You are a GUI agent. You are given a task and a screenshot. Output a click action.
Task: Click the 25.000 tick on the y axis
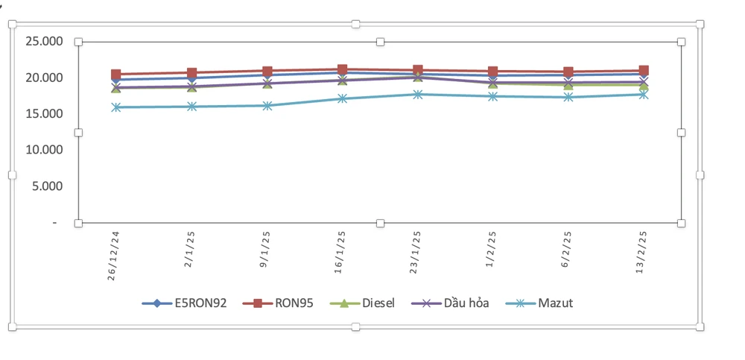coord(44,42)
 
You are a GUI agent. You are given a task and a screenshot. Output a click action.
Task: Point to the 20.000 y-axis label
coord(44,78)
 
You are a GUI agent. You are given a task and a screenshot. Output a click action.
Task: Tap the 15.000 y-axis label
coord(44,114)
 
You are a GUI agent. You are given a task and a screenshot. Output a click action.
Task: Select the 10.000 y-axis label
coord(44,150)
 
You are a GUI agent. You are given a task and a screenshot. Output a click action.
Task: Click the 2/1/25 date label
coord(191,246)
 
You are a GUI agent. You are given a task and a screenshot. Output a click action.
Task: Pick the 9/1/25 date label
coord(267,246)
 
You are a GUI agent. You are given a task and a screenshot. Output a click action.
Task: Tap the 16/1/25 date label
coord(342,249)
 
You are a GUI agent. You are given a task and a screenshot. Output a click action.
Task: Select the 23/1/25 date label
coord(417,249)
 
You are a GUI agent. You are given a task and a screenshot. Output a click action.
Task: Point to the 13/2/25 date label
coord(643,249)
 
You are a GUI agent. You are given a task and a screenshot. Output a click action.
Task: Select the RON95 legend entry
coord(284,303)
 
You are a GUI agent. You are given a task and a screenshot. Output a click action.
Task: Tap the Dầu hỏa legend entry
coord(454,303)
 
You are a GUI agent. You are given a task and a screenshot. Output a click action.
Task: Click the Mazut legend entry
coord(539,303)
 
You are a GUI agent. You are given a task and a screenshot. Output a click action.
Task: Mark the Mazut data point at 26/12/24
coord(116,107)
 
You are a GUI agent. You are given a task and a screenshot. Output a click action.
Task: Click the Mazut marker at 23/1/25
coord(417,95)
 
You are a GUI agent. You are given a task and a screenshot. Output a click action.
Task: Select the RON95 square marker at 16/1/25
coord(342,69)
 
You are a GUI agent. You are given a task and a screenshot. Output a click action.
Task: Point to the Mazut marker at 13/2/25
coord(643,95)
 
